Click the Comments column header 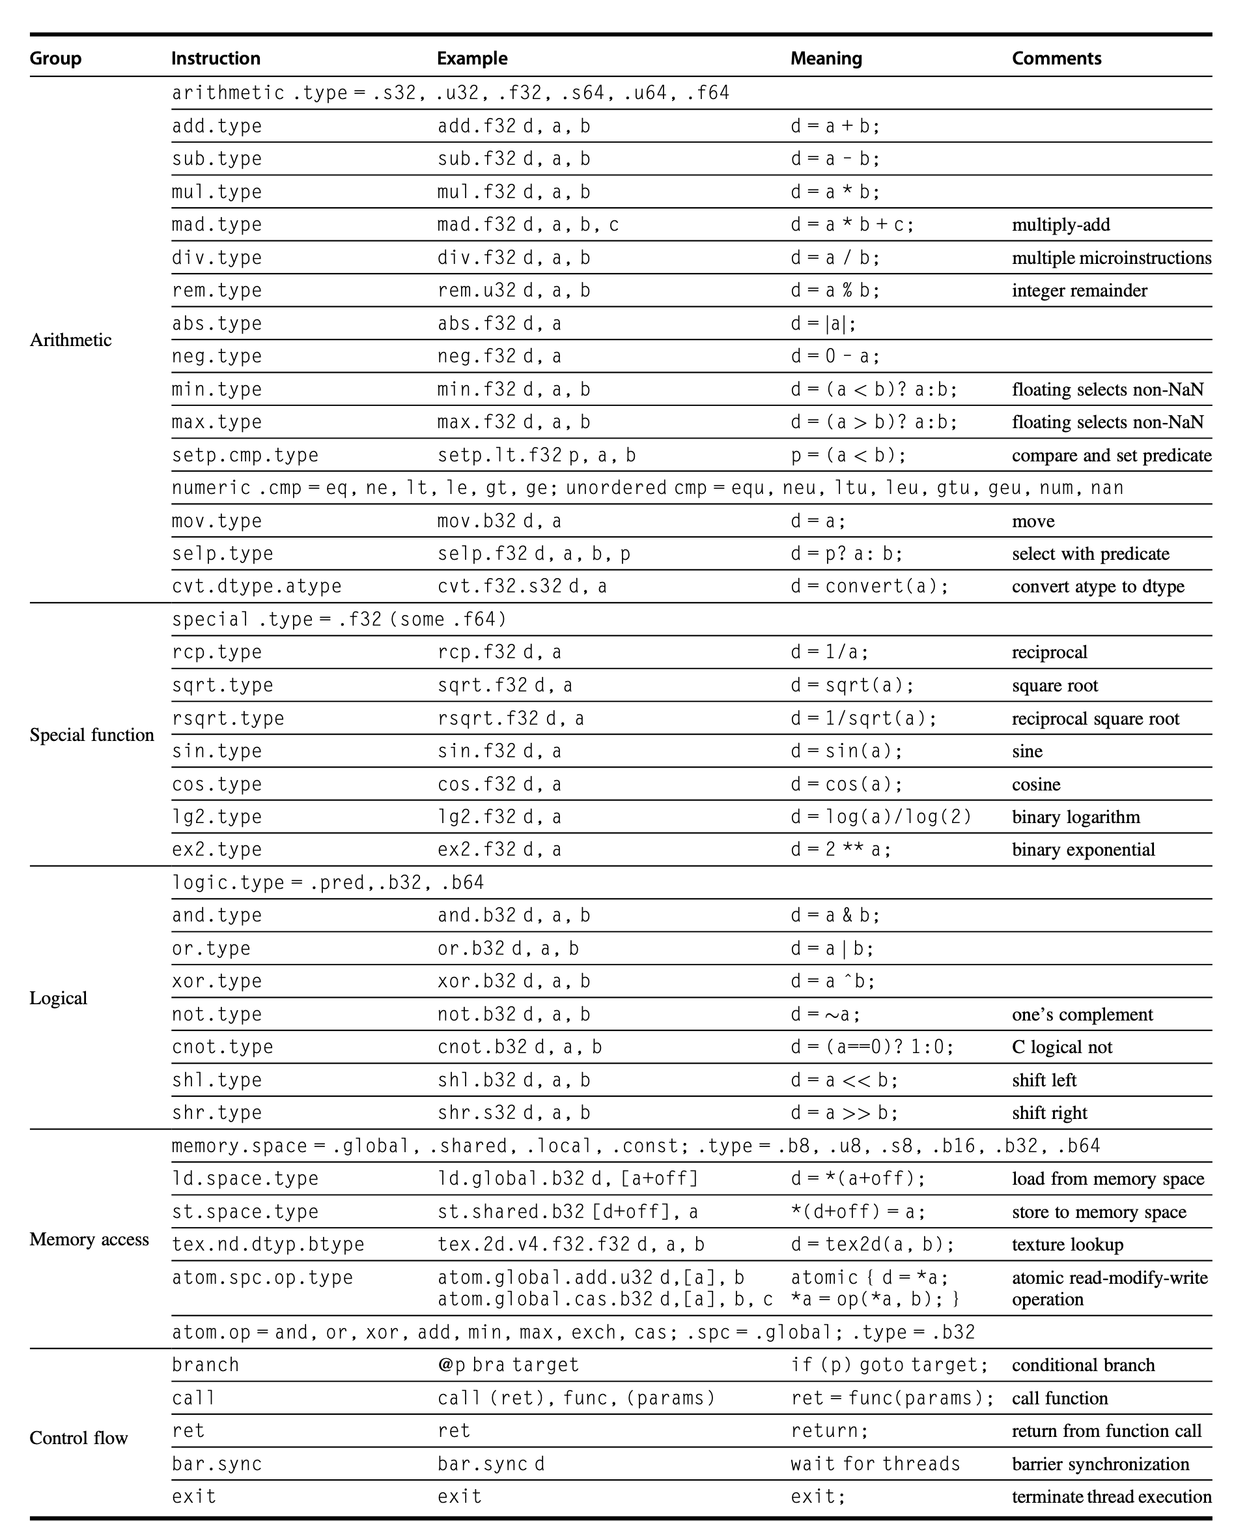1056,58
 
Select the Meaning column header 826,58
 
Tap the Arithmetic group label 70,340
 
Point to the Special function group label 91,735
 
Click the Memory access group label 89,1239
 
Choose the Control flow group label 78,1438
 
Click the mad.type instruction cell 217,225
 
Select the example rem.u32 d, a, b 514,291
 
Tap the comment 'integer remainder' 1079,291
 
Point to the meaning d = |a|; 824,324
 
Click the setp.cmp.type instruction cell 245,456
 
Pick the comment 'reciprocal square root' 1096,718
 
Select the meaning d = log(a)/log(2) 881,817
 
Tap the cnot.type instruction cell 222,1047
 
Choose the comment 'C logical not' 1062,1047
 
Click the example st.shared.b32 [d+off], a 568,1212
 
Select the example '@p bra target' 508,1365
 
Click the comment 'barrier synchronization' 1101,1464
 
